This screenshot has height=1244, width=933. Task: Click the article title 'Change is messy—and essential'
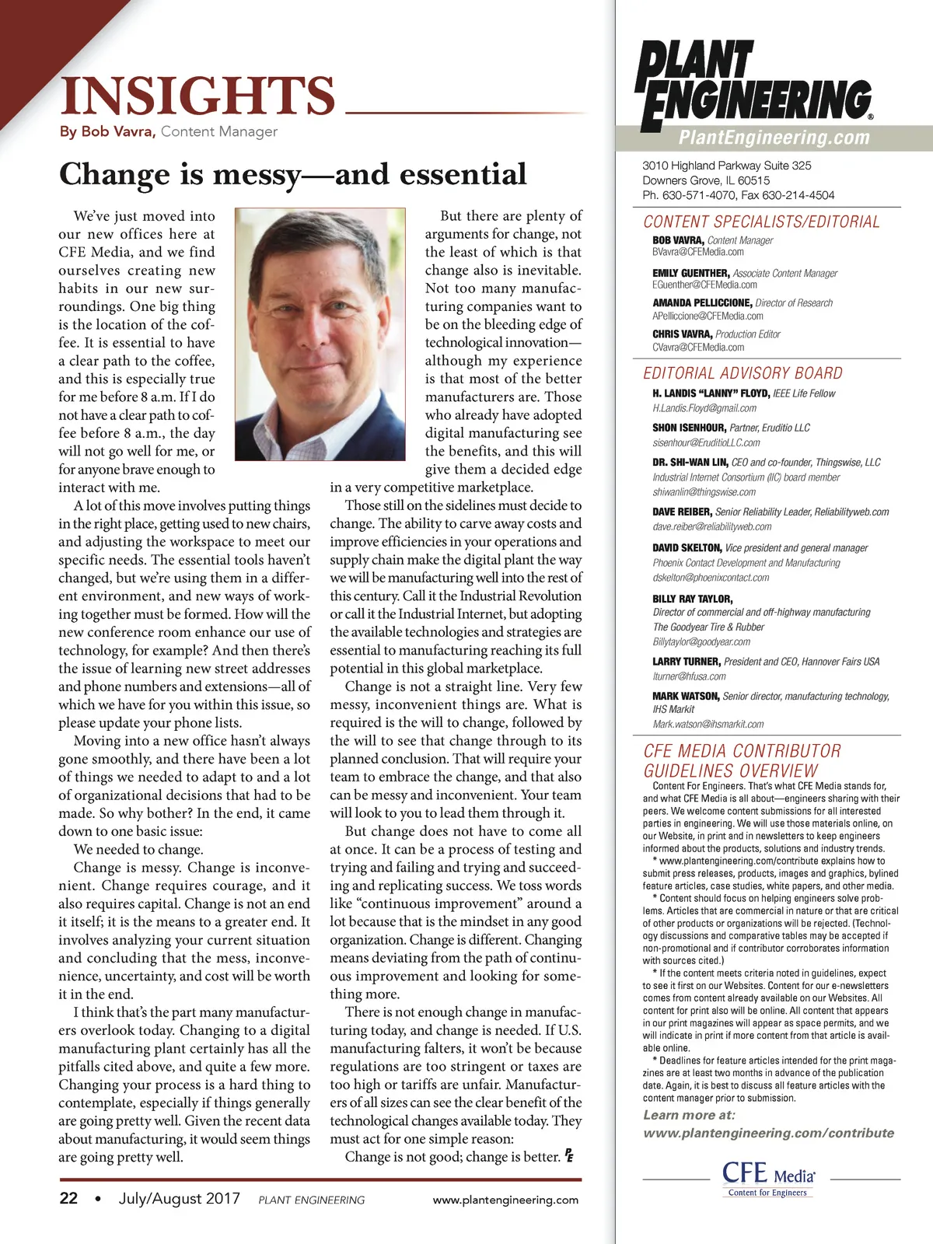click(293, 174)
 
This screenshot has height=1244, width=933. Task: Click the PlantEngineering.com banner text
click(774, 138)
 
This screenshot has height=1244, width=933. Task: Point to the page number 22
click(68, 1198)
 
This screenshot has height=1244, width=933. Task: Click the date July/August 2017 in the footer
click(180, 1198)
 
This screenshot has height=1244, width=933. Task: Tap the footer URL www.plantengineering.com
click(505, 1200)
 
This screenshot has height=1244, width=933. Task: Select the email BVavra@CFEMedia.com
click(698, 252)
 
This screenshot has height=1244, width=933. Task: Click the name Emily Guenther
click(690, 273)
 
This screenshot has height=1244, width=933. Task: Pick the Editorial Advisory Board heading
click(743, 373)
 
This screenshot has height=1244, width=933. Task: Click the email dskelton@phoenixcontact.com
click(711, 578)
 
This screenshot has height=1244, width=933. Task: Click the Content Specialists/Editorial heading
click(761, 222)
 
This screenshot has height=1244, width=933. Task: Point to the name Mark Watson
click(686, 696)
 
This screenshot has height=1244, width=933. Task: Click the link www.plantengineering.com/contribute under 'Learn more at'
click(768, 1133)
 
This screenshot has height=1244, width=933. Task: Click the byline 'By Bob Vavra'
click(108, 131)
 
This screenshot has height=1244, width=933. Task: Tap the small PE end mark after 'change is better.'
click(569, 1155)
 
